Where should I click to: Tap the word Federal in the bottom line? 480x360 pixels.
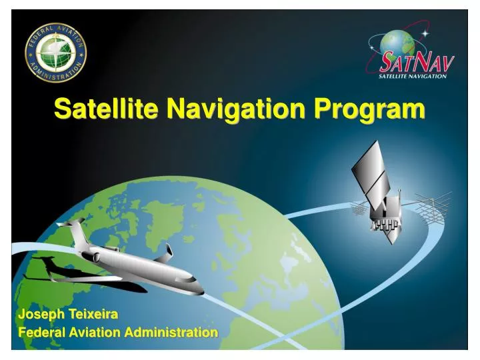41,332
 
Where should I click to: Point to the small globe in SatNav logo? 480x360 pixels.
398,45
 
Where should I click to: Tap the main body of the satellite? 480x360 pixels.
385,217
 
